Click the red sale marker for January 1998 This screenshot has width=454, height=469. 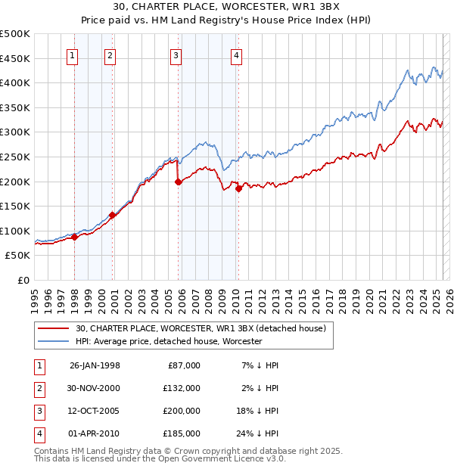(x=75, y=238)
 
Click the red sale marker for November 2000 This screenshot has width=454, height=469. (x=113, y=215)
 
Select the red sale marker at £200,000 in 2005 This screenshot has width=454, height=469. (x=178, y=182)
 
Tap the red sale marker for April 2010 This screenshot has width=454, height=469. (x=238, y=189)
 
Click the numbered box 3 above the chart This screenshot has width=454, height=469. (x=176, y=55)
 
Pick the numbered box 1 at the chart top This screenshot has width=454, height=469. (x=72, y=55)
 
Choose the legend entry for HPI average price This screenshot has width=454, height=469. (x=168, y=341)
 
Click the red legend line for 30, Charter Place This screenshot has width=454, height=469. (x=53, y=328)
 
